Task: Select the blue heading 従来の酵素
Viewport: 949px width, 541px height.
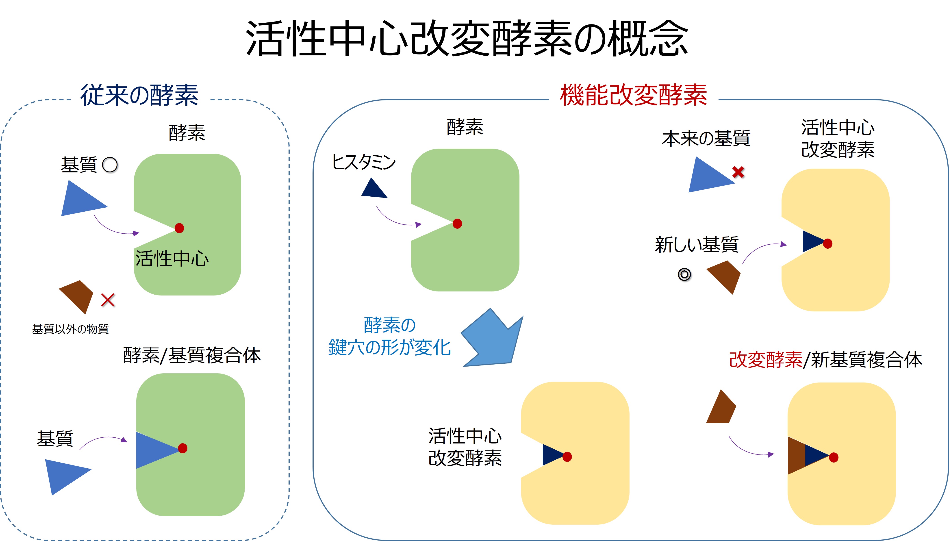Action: coord(139,96)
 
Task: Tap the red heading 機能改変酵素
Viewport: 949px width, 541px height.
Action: coord(633,96)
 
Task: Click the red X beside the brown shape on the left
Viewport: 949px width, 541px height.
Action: coord(108,300)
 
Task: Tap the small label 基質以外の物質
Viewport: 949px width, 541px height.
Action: coord(70,329)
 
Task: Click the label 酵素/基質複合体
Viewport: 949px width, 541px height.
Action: coord(192,356)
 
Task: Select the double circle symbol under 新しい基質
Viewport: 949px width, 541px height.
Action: coord(684,275)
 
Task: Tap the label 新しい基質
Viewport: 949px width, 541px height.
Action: coord(696,245)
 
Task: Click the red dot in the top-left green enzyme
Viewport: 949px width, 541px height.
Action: coord(179,228)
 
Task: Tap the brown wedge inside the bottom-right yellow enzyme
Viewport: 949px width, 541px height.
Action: coord(796,456)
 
